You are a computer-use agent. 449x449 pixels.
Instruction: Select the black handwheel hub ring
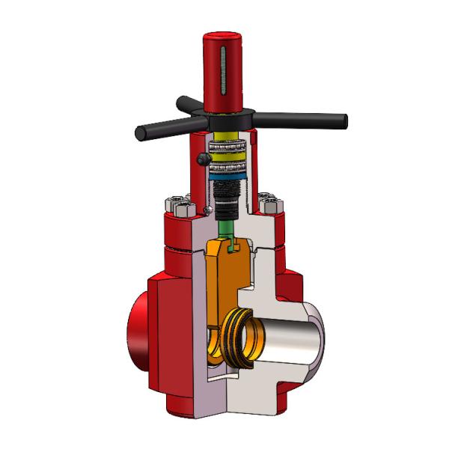click(224, 120)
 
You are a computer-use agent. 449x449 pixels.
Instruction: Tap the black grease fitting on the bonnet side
click(203, 159)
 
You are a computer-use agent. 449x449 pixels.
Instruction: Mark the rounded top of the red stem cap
click(224, 37)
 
